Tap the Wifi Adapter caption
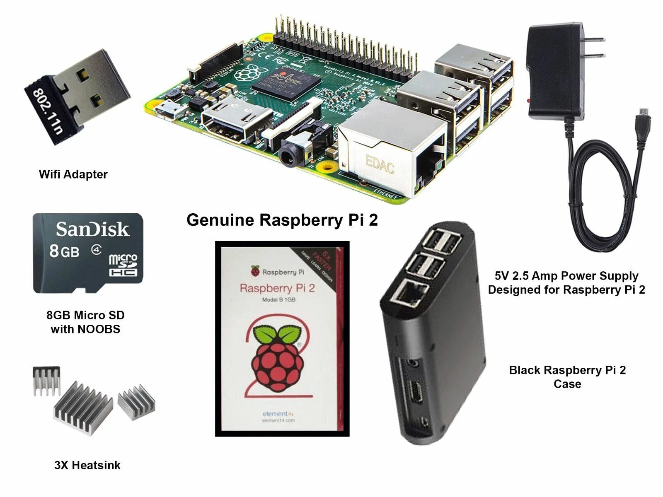coord(73,174)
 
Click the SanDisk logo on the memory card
coord(92,229)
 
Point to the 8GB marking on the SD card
coord(64,251)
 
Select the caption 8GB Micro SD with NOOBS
coord(85,322)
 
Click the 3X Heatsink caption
coord(87,465)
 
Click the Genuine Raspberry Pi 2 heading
coord(282,220)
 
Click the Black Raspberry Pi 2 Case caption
coord(567,376)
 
